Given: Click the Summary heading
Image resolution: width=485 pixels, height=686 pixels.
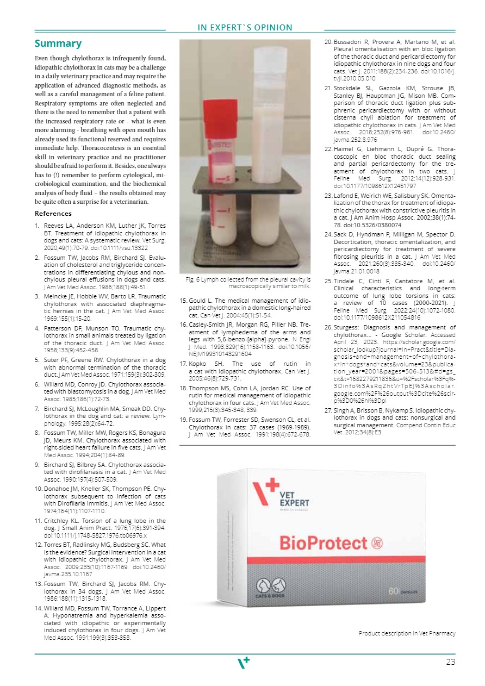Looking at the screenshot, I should [58, 43].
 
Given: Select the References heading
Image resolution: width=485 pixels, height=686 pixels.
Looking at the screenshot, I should [53, 214].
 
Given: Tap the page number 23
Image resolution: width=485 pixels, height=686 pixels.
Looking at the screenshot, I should [450, 662].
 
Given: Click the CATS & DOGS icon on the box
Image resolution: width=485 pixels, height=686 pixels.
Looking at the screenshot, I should [271, 589].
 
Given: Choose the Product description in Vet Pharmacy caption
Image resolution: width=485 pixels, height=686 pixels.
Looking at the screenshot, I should [407, 633].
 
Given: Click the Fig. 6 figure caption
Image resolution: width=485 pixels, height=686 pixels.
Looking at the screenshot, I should [248, 282].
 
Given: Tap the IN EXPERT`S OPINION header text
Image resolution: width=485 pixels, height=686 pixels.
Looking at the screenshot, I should [245, 28].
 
